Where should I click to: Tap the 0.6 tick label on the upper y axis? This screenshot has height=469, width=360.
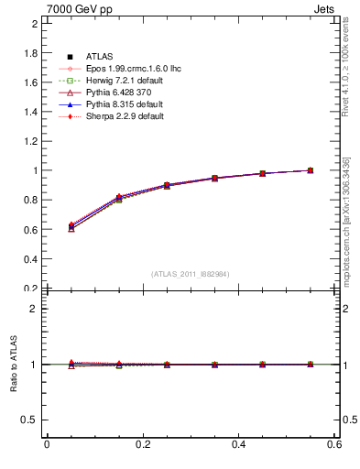point(31,229)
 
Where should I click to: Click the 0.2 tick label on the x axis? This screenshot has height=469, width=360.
point(142,445)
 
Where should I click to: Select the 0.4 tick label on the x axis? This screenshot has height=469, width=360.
point(239,445)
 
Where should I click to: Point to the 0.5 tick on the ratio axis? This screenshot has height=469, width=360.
point(31,420)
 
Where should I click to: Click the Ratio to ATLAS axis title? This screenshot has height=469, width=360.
point(14,364)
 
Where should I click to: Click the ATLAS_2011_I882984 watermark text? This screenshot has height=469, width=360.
point(190,274)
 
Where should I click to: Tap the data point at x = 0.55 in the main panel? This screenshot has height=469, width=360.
point(311,170)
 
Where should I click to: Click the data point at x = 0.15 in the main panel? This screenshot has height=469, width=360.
point(119,198)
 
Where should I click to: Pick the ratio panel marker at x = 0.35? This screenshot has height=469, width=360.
point(214,365)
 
